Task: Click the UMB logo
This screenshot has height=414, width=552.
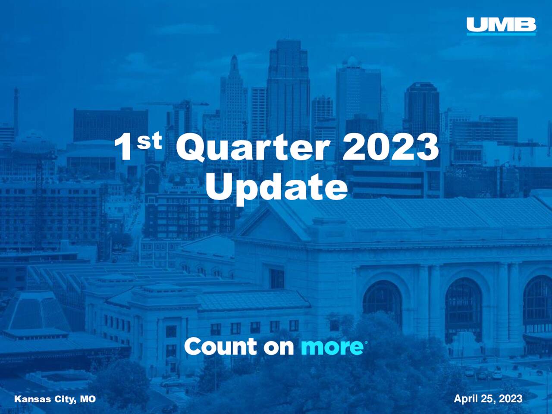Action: (501, 26)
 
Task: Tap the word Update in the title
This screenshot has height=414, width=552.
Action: (276, 187)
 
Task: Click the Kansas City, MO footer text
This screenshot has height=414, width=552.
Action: (55, 399)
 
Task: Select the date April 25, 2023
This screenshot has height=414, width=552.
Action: (488, 399)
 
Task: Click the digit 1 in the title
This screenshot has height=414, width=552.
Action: (124, 148)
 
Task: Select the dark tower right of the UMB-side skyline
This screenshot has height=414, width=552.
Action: (421, 108)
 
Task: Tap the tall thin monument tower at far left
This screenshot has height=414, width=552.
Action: (16, 108)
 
